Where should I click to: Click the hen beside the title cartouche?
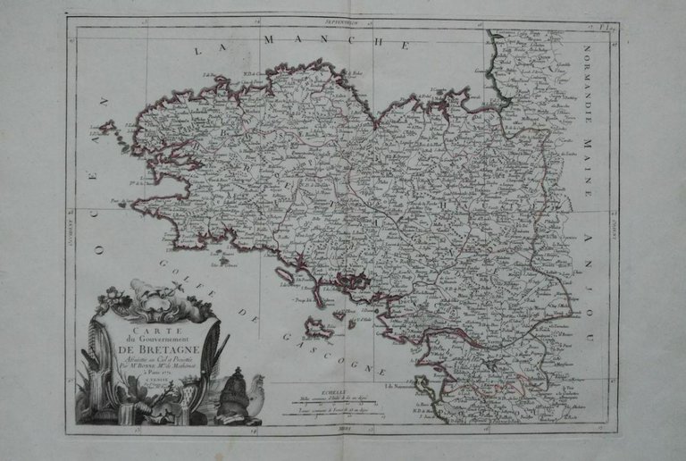(x=255, y=393)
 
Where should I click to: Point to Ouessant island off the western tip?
(x=107, y=128)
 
